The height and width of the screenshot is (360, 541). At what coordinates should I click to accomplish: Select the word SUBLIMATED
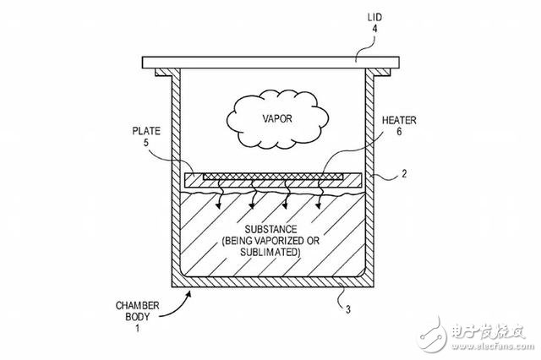pyautogui.click(x=272, y=252)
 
